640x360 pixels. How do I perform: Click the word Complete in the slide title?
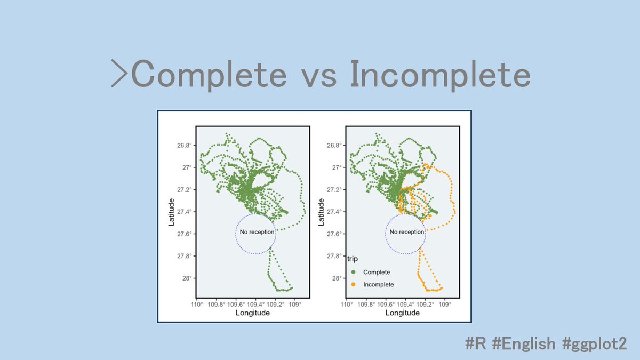pos(209,76)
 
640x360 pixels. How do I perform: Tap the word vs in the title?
pos(318,76)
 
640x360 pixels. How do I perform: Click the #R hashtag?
pos(476,343)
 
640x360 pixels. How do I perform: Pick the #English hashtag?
pos(525,343)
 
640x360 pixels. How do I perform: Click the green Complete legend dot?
pos(353,272)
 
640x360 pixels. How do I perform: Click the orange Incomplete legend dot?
pos(353,285)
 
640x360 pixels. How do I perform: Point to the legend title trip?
pos(353,259)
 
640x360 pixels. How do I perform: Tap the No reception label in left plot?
pos(257,232)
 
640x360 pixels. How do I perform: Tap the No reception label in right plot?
pos(407,232)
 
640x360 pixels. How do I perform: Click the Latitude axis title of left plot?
pos(172,212)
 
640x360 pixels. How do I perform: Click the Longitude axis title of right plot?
pos(403,313)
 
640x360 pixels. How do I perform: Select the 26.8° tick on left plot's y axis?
pos(184,146)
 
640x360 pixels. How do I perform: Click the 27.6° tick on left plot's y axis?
pos(184,234)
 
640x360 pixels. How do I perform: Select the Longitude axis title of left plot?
pos(252,313)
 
